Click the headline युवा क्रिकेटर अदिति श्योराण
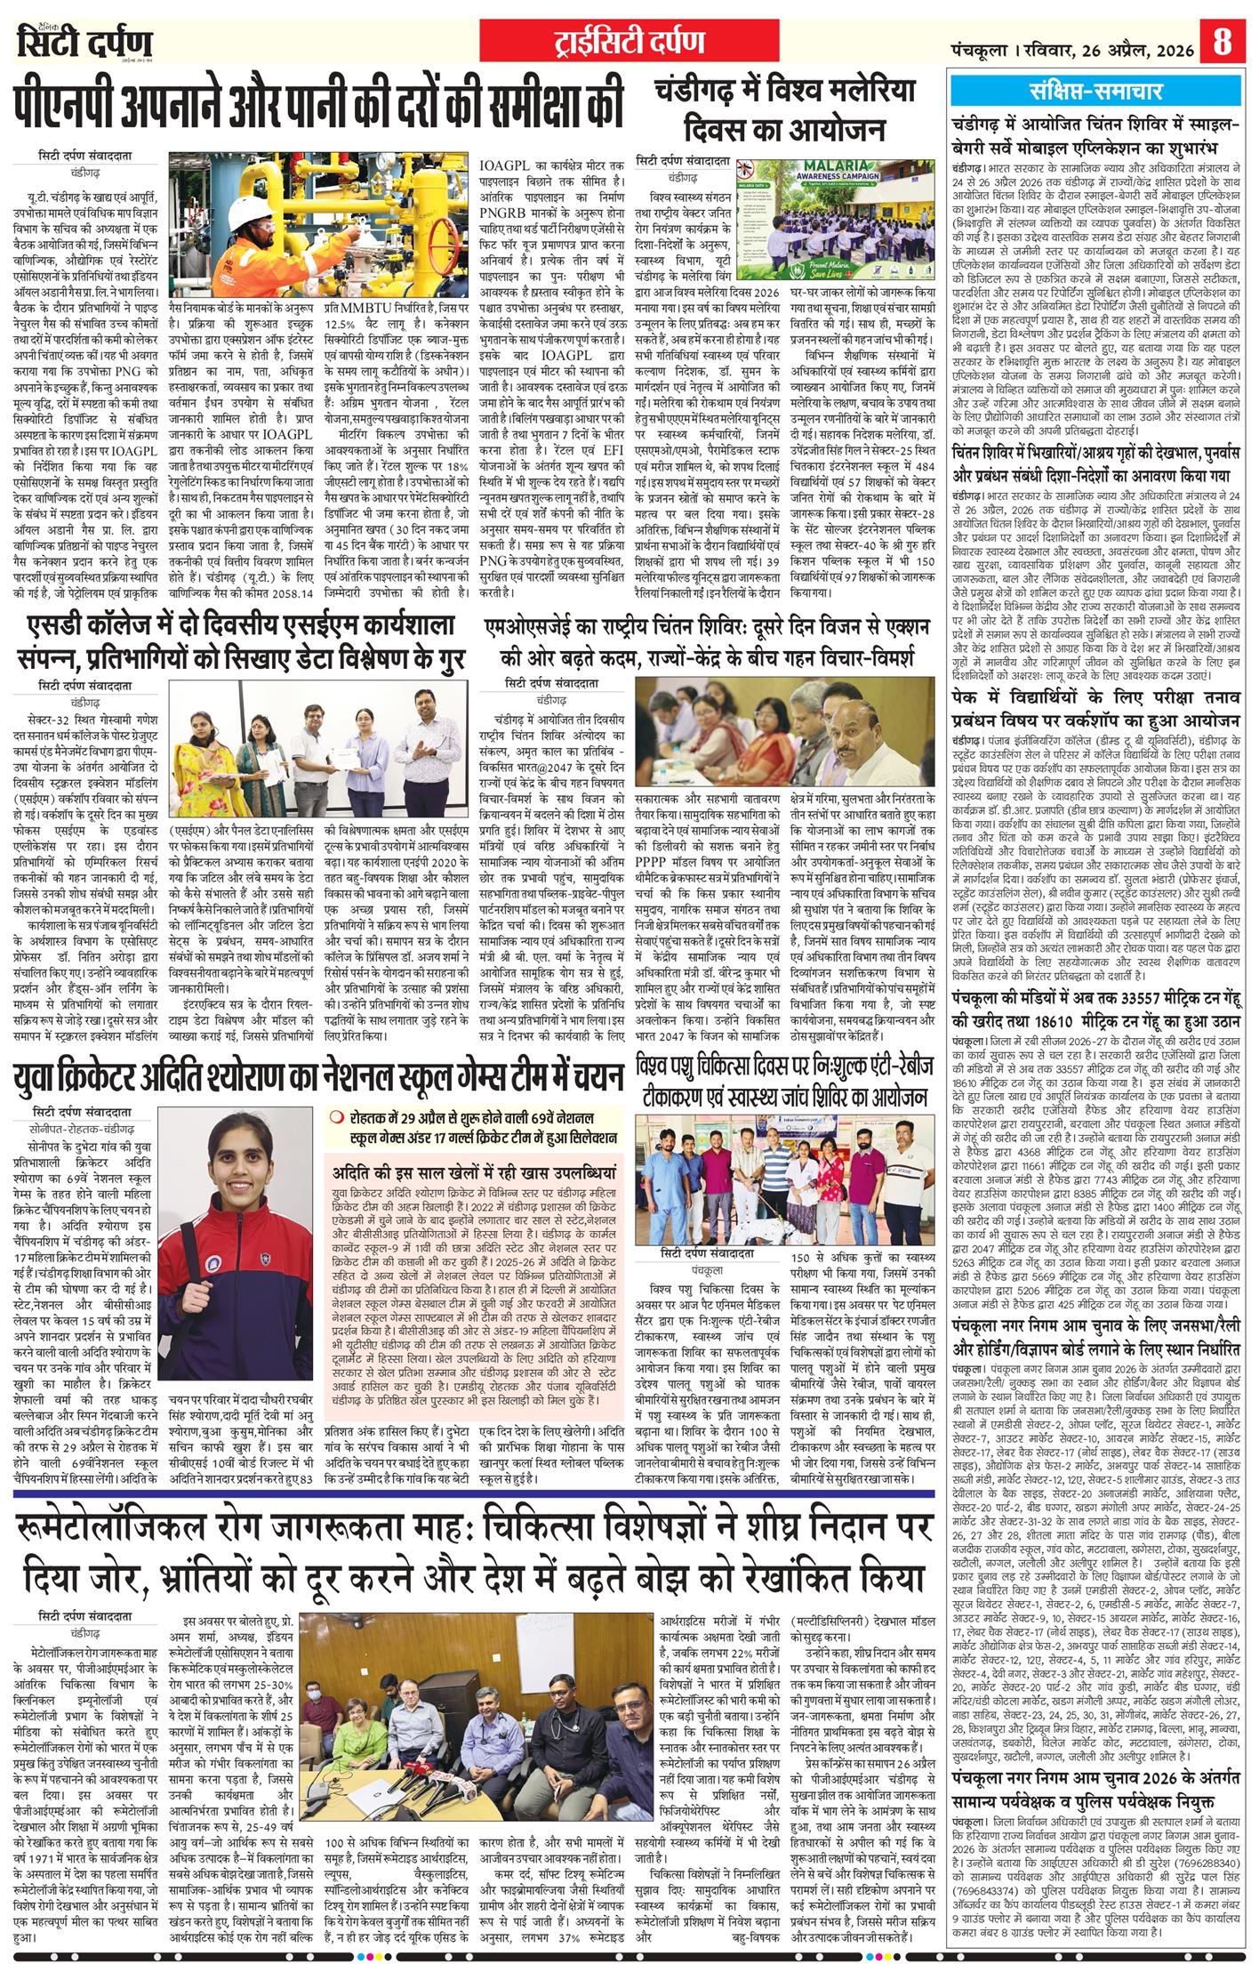coord(317,1079)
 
